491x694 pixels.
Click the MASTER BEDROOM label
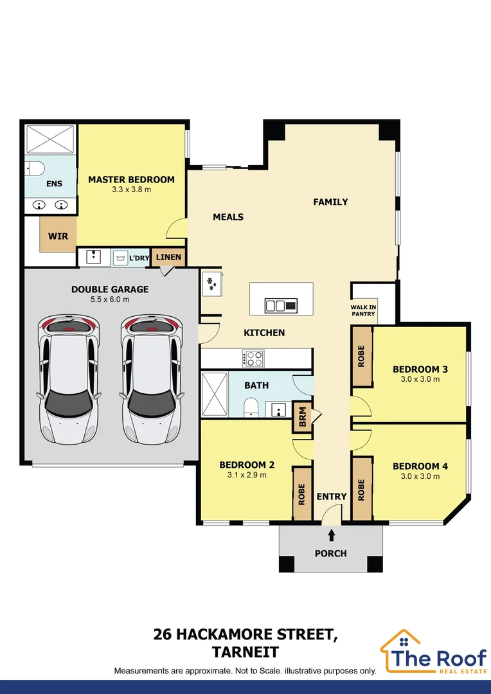tap(131, 179)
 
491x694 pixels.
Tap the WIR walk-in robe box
tap(58, 235)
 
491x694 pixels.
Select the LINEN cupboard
tap(168, 257)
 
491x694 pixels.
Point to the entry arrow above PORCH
tap(331, 536)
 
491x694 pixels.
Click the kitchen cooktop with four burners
tap(253, 358)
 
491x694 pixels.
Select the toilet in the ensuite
tap(34, 168)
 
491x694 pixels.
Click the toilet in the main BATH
tap(251, 407)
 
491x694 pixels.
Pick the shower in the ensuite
tap(50, 140)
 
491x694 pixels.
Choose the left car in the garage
tap(68, 379)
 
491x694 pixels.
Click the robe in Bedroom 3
tap(362, 356)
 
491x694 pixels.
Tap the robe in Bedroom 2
tap(303, 493)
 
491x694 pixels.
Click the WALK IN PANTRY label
tap(363, 310)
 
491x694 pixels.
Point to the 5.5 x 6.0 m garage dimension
tap(110, 299)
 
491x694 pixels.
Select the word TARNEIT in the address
tap(245, 652)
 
